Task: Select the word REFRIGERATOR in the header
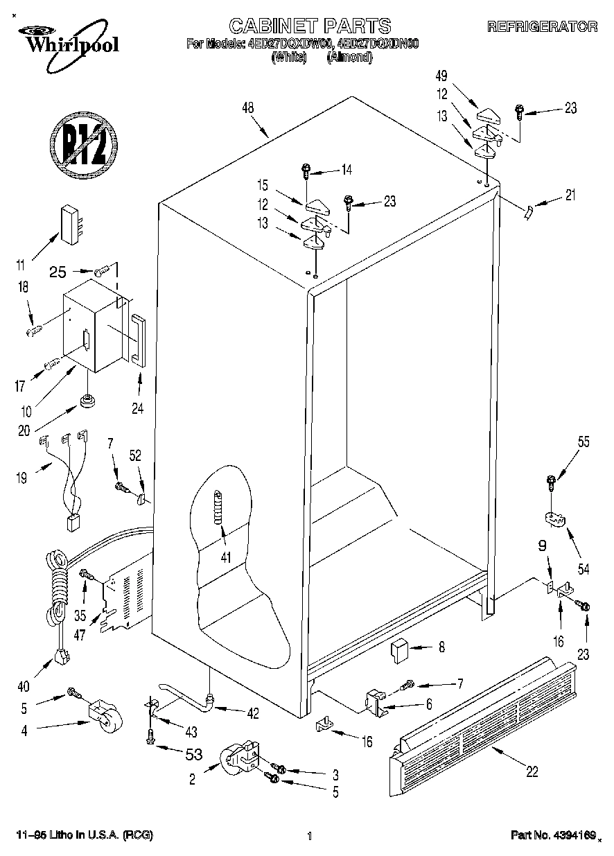542,27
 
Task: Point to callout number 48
247,107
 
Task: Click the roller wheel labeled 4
105,715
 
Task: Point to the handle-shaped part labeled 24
137,340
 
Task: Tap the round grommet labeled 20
88,400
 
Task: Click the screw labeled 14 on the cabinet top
306,169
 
